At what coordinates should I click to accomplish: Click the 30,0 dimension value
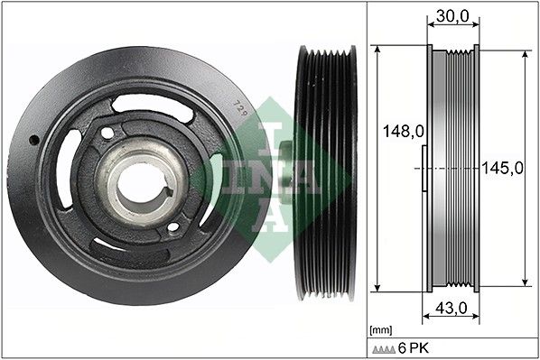[452, 16]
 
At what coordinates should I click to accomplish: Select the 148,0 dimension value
[404, 131]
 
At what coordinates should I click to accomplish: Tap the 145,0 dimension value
[502, 168]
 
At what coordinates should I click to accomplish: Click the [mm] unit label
[380, 330]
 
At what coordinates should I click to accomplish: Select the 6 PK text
[414, 348]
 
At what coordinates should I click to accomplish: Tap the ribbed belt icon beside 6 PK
[384, 350]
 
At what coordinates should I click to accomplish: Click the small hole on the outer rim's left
[34, 140]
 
